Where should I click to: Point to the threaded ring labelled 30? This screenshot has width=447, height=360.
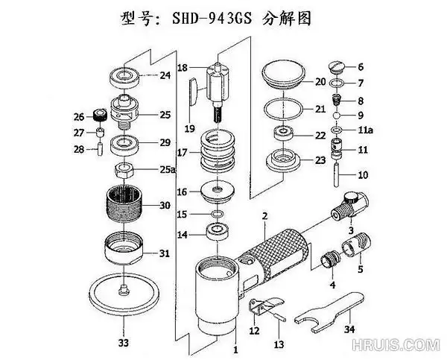click(124, 204)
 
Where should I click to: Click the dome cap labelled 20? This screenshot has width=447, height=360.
click(284, 75)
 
